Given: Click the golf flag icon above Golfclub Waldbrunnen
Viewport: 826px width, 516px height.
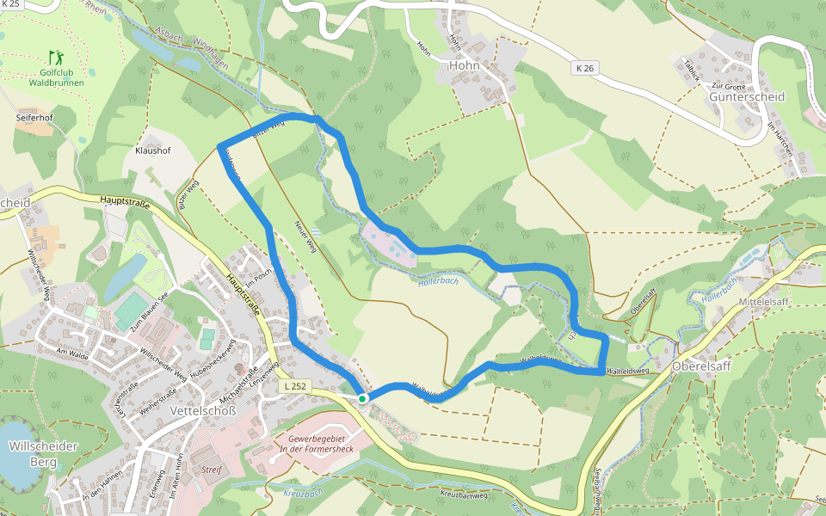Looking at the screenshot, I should pos(56,58).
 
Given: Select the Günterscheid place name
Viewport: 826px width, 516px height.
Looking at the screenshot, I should pos(747,97).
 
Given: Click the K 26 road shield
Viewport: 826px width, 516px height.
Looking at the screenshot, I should pos(585,67).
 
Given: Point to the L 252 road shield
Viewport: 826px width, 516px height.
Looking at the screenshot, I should pos(294,387).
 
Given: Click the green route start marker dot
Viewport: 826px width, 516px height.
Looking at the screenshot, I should pos(363,398).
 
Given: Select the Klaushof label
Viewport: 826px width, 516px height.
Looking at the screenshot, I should pos(152,150).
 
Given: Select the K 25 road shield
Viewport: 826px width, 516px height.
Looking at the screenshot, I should pos(10,4).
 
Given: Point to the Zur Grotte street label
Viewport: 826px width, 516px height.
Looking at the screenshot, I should pos(728,86).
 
